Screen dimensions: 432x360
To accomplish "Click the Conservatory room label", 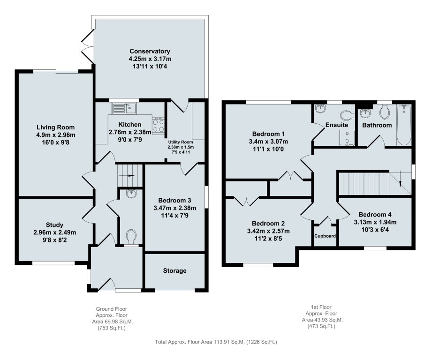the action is [150, 51].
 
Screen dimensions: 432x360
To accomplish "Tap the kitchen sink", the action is [124, 108].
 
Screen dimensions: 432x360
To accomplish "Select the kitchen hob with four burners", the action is [159, 125].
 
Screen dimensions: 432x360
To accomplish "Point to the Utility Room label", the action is [181, 142].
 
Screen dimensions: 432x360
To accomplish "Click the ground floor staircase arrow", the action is [129, 175].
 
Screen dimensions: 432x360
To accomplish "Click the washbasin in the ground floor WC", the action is [131, 193].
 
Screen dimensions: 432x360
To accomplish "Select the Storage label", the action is [174, 271].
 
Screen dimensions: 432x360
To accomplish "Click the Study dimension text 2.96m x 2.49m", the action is [55, 232].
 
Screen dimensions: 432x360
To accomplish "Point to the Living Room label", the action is [56, 127].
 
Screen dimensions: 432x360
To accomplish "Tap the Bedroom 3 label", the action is [174, 200].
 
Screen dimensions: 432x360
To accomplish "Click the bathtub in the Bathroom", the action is [404, 125].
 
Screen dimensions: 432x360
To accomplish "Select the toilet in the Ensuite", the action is [347, 114].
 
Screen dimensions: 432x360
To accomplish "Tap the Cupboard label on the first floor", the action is [325, 236].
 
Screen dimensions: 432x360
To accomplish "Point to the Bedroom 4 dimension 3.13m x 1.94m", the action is [375, 222].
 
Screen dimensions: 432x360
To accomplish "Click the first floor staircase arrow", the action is [400, 182].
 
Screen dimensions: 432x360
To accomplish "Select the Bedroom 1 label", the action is [269, 134].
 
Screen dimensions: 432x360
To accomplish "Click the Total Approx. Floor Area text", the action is [216, 342].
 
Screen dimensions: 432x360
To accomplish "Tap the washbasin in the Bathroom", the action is [365, 113].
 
